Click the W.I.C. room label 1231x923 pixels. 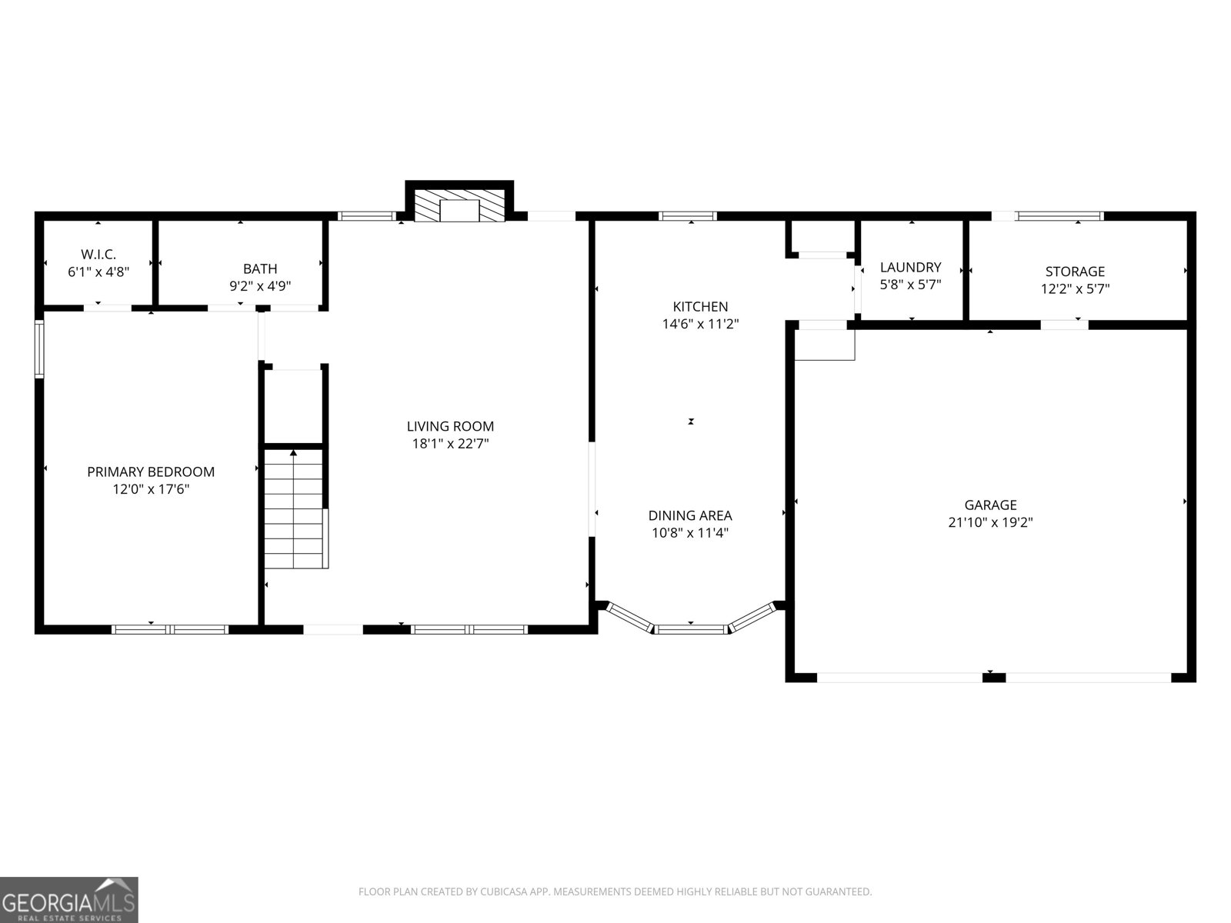98,254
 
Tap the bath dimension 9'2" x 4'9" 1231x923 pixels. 260,286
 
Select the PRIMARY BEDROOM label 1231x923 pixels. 151,471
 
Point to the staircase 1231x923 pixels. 295,509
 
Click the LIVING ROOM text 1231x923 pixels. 450,426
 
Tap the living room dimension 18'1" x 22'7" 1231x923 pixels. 450,444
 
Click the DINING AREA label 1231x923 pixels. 690,515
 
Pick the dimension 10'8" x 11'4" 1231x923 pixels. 690,533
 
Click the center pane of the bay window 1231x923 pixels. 691,629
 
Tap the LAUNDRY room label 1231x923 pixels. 910,267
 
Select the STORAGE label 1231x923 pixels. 1075,271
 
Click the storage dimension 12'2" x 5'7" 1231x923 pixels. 1075,289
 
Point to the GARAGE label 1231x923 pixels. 990,505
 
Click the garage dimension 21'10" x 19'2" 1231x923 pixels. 990,522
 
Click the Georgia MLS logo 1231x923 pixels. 69,900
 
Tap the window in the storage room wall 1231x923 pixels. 1060,216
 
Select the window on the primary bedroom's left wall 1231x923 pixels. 39,349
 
